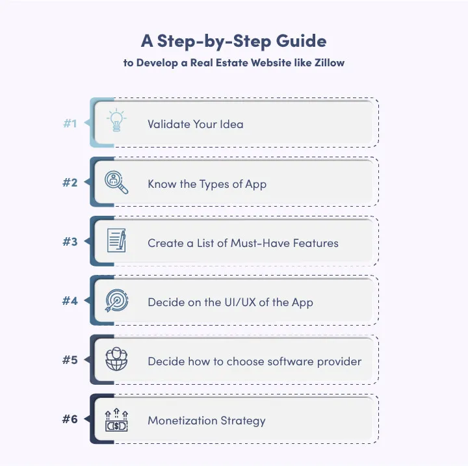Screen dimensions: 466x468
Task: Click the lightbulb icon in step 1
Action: point(117,122)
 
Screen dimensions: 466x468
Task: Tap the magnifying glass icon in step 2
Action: point(117,182)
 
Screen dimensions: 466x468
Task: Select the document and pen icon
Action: point(117,242)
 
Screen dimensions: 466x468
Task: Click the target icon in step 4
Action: point(117,301)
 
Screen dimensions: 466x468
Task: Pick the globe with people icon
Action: point(117,360)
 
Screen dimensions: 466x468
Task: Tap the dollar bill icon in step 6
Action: point(117,420)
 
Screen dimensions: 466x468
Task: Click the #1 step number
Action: point(70,123)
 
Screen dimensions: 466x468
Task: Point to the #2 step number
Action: point(70,183)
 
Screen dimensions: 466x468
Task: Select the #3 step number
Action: point(70,242)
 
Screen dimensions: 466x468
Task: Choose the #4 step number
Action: point(70,301)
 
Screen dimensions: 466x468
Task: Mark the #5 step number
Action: point(70,360)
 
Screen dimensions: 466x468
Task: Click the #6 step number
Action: point(70,419)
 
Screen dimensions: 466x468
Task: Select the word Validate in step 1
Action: point(168,123)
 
